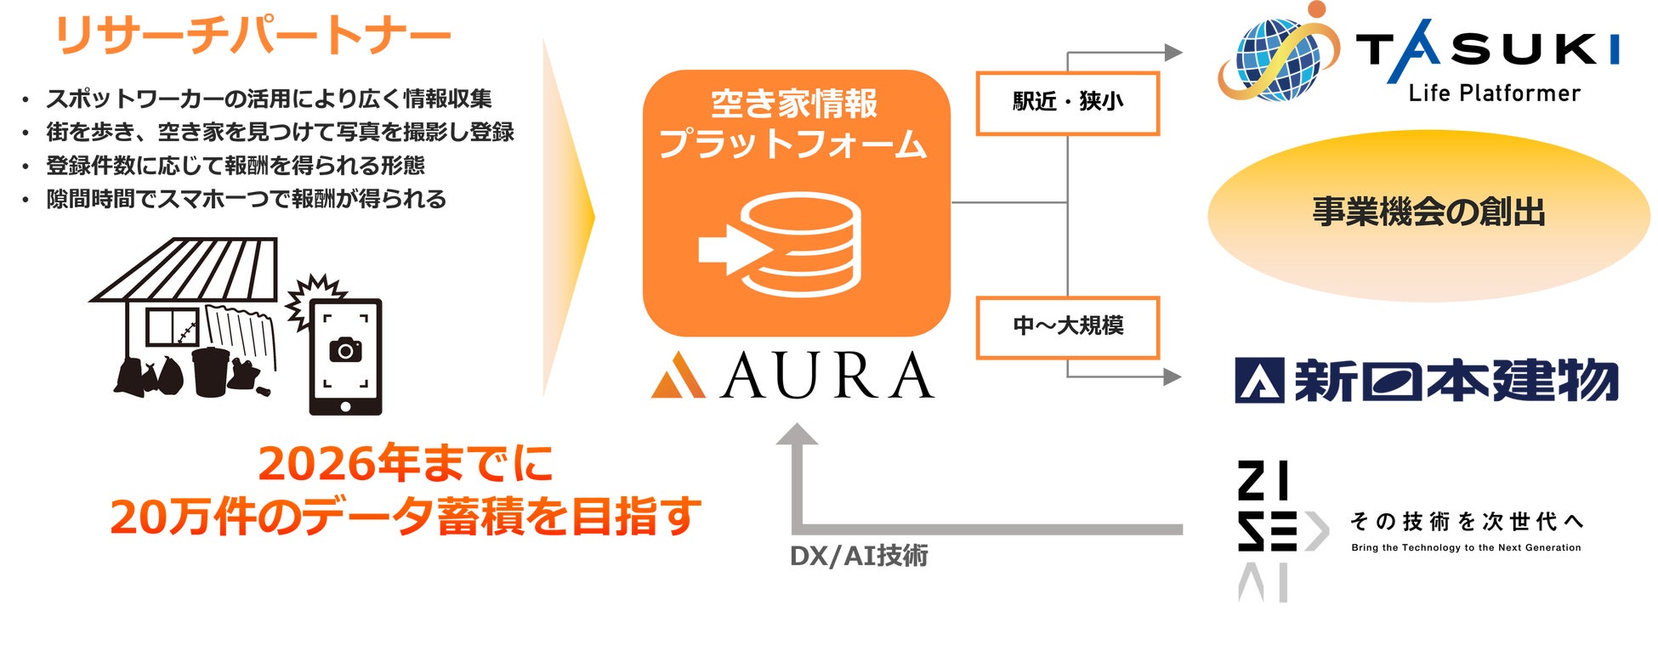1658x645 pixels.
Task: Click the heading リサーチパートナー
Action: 252,37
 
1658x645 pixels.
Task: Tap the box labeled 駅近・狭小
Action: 1067,103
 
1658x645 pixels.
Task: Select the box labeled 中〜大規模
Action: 1067,326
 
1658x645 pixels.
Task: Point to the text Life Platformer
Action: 1494,93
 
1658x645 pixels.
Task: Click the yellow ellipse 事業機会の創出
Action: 1428,212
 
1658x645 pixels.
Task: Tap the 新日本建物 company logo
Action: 1427,380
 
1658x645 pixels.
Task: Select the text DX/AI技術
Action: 859,556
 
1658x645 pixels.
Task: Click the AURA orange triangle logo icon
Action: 678,376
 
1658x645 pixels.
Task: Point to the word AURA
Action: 826,376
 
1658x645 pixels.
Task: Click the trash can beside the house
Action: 210,371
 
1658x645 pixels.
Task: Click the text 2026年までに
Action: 406,464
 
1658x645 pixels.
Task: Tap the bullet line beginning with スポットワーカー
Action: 268,99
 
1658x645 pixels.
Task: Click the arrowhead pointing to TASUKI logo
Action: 1173,53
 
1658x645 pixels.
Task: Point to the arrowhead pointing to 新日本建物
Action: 1173,376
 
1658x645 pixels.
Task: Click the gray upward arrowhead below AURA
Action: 797,434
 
